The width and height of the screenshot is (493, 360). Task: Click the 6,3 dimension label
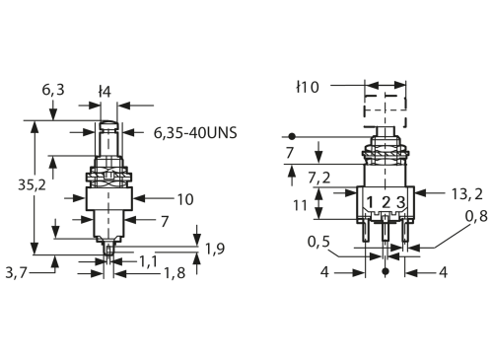54,89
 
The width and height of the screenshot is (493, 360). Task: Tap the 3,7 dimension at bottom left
16,270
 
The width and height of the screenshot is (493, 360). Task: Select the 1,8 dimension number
176,273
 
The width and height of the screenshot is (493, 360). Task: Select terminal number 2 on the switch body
385,202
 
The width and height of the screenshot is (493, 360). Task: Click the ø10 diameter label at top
307,88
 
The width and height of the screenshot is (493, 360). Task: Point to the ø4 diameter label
104,92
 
